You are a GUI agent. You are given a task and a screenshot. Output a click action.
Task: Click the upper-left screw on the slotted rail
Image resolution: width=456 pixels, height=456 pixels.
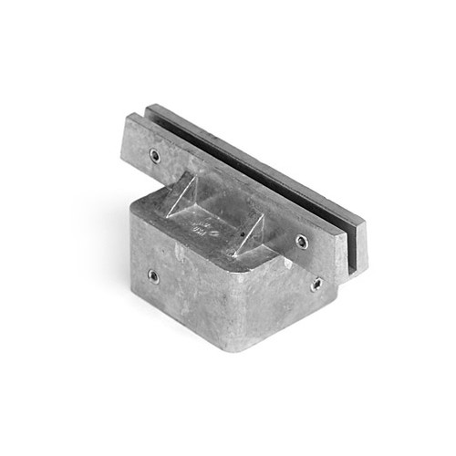(155, 156)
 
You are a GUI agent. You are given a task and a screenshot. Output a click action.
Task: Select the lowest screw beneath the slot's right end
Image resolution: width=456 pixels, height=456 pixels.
(316, 284)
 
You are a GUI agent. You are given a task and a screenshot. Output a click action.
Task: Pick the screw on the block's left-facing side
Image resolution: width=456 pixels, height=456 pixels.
(152, 275)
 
